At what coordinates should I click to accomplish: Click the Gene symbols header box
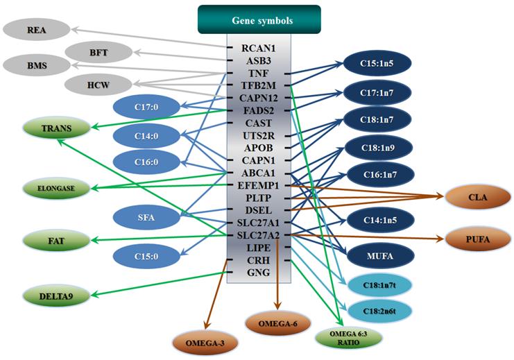(x=259, y=19)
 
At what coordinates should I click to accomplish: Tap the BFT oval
(x=98, y=51)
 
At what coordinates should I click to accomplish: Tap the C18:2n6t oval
(x=378, y=311)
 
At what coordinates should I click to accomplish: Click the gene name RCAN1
(x=259, y=49)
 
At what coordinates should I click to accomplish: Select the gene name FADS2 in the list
(x=259, y=110)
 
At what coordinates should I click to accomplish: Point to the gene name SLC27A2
(x=259, y=235)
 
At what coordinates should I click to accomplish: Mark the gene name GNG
(x=259, y=273)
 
